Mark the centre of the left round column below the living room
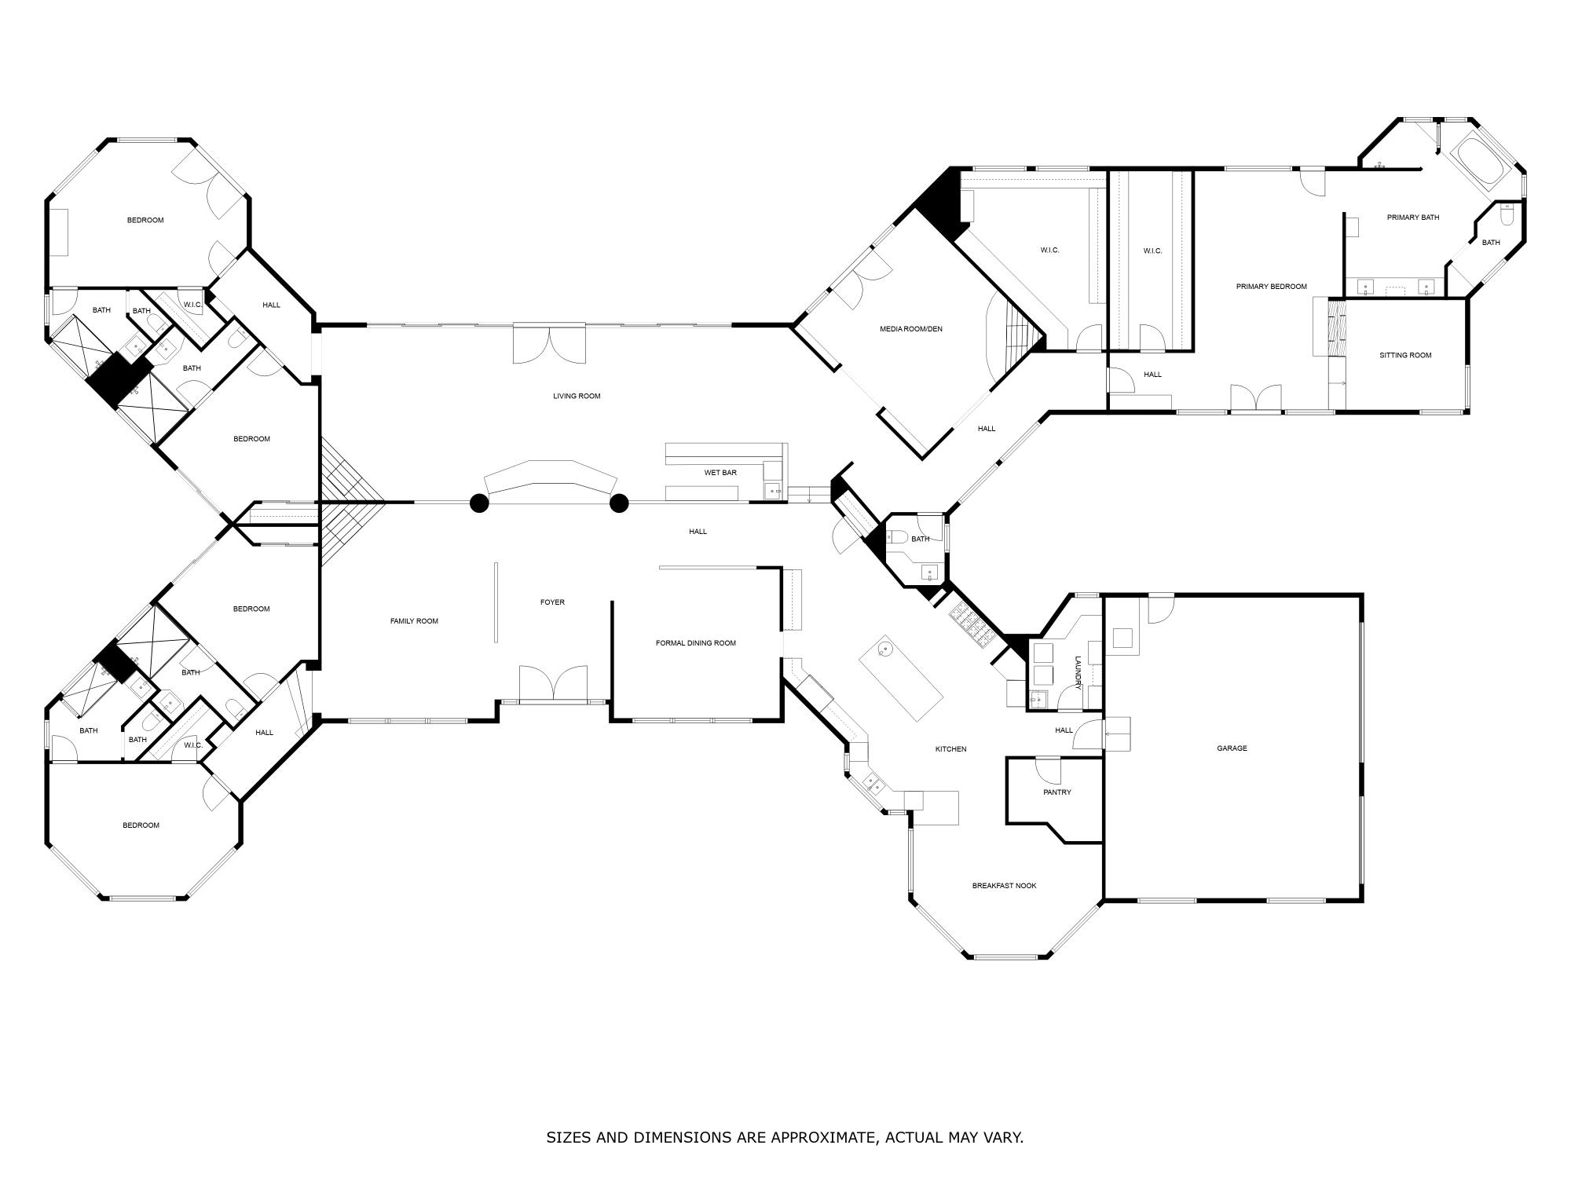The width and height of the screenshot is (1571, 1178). coord(479,503)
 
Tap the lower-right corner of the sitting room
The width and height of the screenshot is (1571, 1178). coord(1467,412)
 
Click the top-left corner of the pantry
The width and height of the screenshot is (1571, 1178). coord(1008,759)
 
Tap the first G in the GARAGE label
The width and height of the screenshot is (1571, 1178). coord(1220,748)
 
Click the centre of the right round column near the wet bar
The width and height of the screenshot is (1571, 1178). coord(619,503)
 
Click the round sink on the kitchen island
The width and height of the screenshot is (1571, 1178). coord(885,649)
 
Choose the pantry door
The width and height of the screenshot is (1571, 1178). coord(1048,769)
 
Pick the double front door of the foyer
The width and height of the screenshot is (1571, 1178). coord(553,682)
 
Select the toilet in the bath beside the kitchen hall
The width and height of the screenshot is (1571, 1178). coord(898,538)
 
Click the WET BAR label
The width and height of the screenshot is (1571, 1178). coord(720,473)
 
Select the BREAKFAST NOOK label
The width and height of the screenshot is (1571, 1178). coord(1004,886)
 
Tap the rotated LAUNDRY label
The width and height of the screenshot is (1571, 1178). coord(1078,673)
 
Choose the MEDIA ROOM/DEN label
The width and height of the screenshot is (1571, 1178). coord(910,329)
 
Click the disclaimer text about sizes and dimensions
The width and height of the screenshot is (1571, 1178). coord(785,1137)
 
